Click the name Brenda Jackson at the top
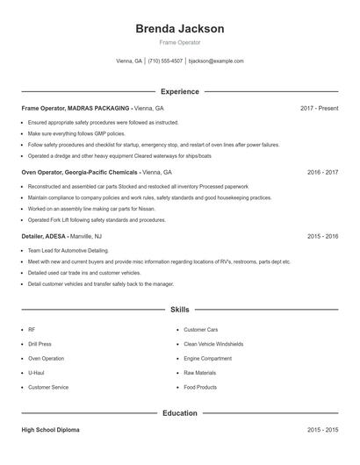point(179,28)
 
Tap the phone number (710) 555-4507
point(165,61)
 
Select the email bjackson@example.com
point(216,61)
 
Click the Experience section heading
point(179,91)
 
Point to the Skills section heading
point(179,310)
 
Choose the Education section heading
point(179,412)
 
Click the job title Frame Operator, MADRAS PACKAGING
point(75,108)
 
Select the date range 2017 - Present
point(319,108)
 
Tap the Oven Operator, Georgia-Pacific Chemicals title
point(78,173)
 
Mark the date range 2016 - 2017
point(322,173)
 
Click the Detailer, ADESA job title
point(44,237)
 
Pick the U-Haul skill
point(38,373)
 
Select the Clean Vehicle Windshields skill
point(213,344)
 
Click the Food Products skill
point(200,387)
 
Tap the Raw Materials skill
point(199,373)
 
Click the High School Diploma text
point(51,431)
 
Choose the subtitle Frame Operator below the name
point(179,42)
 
